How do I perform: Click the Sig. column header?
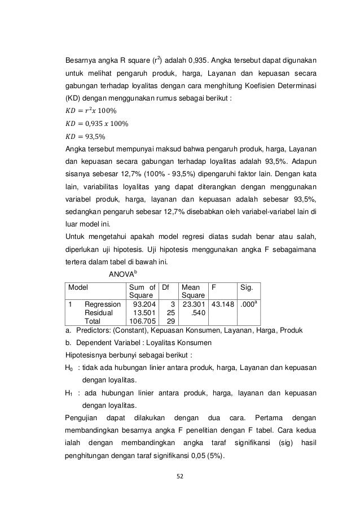pyautogui.click(x=247, y=287)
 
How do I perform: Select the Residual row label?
pyautogui.click(x=98, y=312)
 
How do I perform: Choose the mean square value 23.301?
pyautogui.click(x=194, y=304)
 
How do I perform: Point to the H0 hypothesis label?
pyautogui.click(x=70, y=368)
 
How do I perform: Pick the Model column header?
pyautogui.click(x=78, y=287)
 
